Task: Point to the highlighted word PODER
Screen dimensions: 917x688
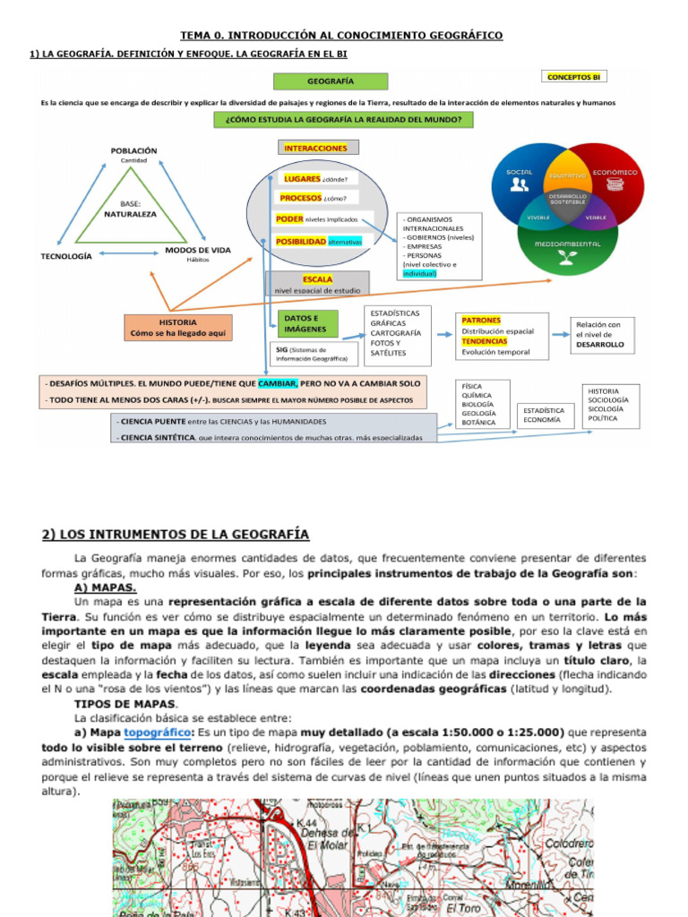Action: click(x=290, y=218)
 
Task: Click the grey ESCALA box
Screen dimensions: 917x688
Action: click(x=317, y=284)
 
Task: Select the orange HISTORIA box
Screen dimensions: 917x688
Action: click(x=177, y=327)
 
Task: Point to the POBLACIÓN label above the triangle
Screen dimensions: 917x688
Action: click(x=133, y=150)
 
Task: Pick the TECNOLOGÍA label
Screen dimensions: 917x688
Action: click(x=66, y=256)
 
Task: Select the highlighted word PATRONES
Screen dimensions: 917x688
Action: click(x=481, y=320)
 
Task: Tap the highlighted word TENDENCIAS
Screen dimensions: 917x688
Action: click(x=484, y=341)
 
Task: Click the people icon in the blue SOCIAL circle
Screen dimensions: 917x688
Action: click(x=519, y=185)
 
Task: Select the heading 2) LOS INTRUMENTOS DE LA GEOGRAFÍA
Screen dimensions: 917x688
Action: click(x=176, y=535)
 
